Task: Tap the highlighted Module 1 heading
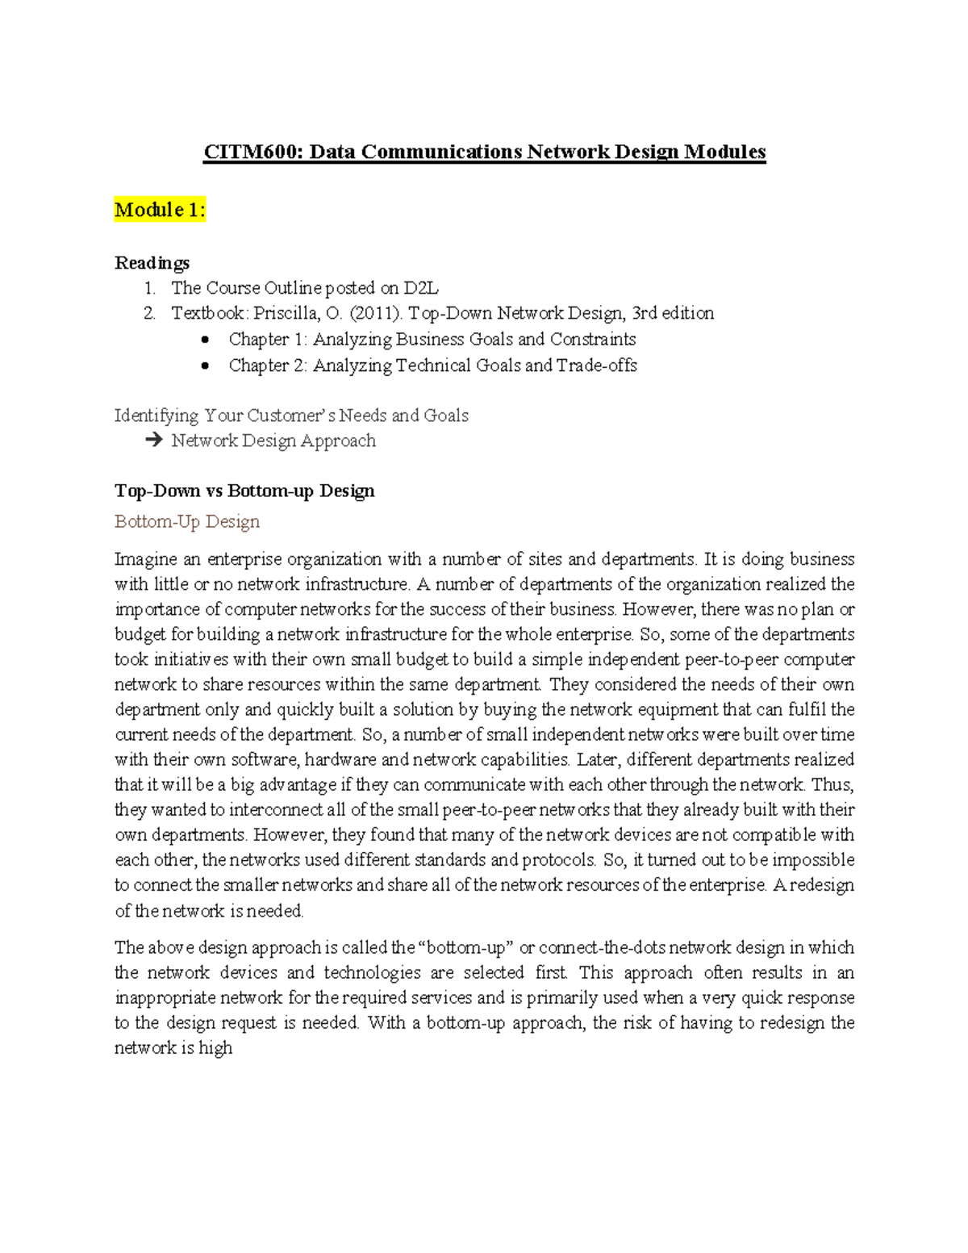point(160,210)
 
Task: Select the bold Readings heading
point(152,263)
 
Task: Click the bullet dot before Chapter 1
point(206,340)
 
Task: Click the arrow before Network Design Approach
point(153,441)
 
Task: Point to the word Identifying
point(156,416)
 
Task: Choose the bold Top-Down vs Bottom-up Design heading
point(244,491)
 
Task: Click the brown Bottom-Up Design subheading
point(187,521)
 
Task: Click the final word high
point(215,1048)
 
